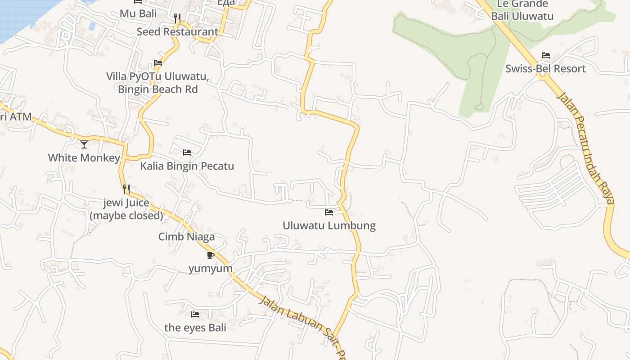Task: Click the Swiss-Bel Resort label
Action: (545, 69)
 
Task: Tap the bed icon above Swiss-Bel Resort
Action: (546, 55)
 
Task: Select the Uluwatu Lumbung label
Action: (329, 225)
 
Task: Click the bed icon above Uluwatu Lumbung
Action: (329, 212)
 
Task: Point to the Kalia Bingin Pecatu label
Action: (187, 166)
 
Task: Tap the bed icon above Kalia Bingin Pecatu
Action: (187, 153)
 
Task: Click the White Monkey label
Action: (84, 158)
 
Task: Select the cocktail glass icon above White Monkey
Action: (84, 144)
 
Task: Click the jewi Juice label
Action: (126, 203)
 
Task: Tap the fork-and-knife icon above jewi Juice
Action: (126, 189)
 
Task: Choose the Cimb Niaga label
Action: (186, 237)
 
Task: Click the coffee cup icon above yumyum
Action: (210, 255)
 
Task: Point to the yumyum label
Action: (210, 269)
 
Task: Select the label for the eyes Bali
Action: (195, 328)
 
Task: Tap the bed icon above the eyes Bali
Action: (195, 314)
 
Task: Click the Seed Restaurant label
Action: (177, 32)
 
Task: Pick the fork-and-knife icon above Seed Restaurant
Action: (177, 18)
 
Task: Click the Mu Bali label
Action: (138, 13)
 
